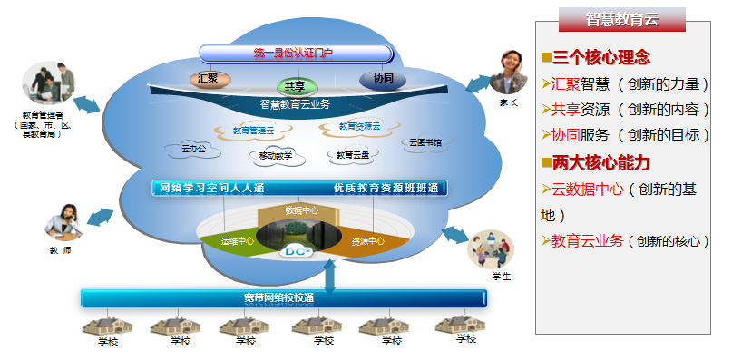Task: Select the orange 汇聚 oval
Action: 208,78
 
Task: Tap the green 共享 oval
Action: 294,85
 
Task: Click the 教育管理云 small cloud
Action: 247,131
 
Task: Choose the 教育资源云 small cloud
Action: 359,127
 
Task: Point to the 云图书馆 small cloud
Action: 425,142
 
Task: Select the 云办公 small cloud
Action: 194,148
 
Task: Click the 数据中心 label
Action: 299,210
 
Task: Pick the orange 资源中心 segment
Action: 366,241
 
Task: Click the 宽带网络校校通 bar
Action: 283,297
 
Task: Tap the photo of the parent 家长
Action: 509,72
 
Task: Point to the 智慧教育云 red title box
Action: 621,20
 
